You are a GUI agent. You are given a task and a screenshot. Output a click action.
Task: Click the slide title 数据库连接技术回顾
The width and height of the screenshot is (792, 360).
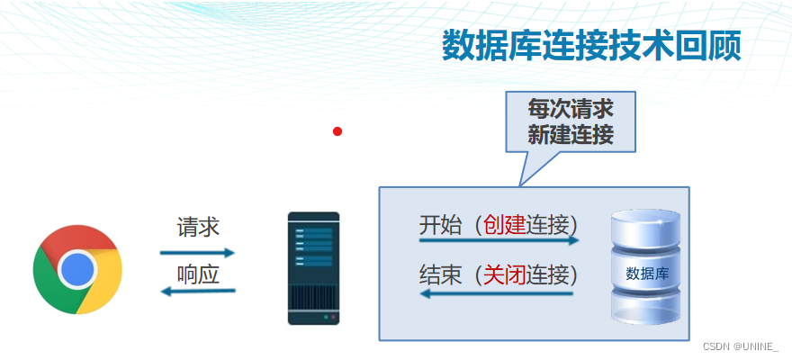(590, 46)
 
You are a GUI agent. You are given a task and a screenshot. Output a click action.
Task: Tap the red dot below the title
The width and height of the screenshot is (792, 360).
(337, 131)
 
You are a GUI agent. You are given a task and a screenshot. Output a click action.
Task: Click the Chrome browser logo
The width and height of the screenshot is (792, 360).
(77, 269)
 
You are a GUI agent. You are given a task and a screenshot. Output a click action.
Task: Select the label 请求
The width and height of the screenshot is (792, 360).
(198, 226)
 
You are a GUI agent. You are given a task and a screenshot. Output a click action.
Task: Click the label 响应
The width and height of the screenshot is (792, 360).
(198, 274)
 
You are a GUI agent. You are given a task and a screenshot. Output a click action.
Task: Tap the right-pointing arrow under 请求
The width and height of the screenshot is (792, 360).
(198, 253)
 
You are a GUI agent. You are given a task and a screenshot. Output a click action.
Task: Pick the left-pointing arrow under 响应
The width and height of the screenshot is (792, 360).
(198, 291)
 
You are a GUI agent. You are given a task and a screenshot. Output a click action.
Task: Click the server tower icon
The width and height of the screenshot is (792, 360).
(313, 268)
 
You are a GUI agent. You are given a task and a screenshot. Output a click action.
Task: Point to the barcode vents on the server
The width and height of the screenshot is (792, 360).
(313, 296)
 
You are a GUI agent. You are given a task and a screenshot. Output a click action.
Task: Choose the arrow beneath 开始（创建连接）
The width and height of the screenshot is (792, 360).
(498, 241)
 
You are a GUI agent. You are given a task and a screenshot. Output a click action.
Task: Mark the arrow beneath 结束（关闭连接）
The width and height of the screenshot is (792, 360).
(498, 292)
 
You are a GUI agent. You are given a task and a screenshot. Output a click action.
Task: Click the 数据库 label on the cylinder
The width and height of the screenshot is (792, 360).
(646, 272)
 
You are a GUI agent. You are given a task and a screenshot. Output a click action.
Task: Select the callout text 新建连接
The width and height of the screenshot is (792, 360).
(571, 136)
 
